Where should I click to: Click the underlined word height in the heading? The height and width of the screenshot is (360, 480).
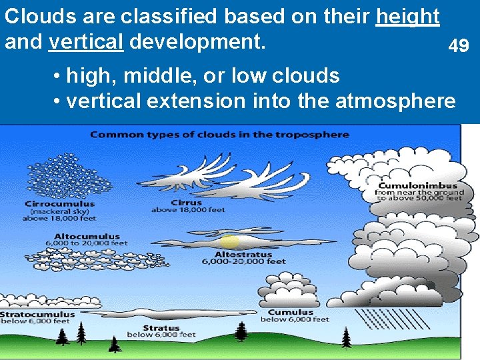coord(407,17)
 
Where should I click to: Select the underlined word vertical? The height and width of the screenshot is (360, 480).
coord(86,42)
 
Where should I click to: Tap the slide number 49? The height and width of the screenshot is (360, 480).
coord(458,46)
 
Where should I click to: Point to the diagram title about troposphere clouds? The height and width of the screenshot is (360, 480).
coord(219,135)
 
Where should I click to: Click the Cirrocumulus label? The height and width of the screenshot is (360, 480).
coord(60,204)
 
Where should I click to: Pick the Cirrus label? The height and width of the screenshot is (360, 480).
coord(187,203)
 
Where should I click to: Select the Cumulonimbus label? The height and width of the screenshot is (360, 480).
coord(419,185)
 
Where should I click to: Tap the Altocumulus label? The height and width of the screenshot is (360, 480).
coord(87,236)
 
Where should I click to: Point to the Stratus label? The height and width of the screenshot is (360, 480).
coord(161,328)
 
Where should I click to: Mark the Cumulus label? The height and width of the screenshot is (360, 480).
coord(291,312)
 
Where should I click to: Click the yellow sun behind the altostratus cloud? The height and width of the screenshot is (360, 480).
coord(229,241)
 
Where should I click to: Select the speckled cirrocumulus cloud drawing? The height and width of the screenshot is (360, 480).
coord(63,175)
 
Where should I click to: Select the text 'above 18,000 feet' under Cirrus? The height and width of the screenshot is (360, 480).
coord(188,210)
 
